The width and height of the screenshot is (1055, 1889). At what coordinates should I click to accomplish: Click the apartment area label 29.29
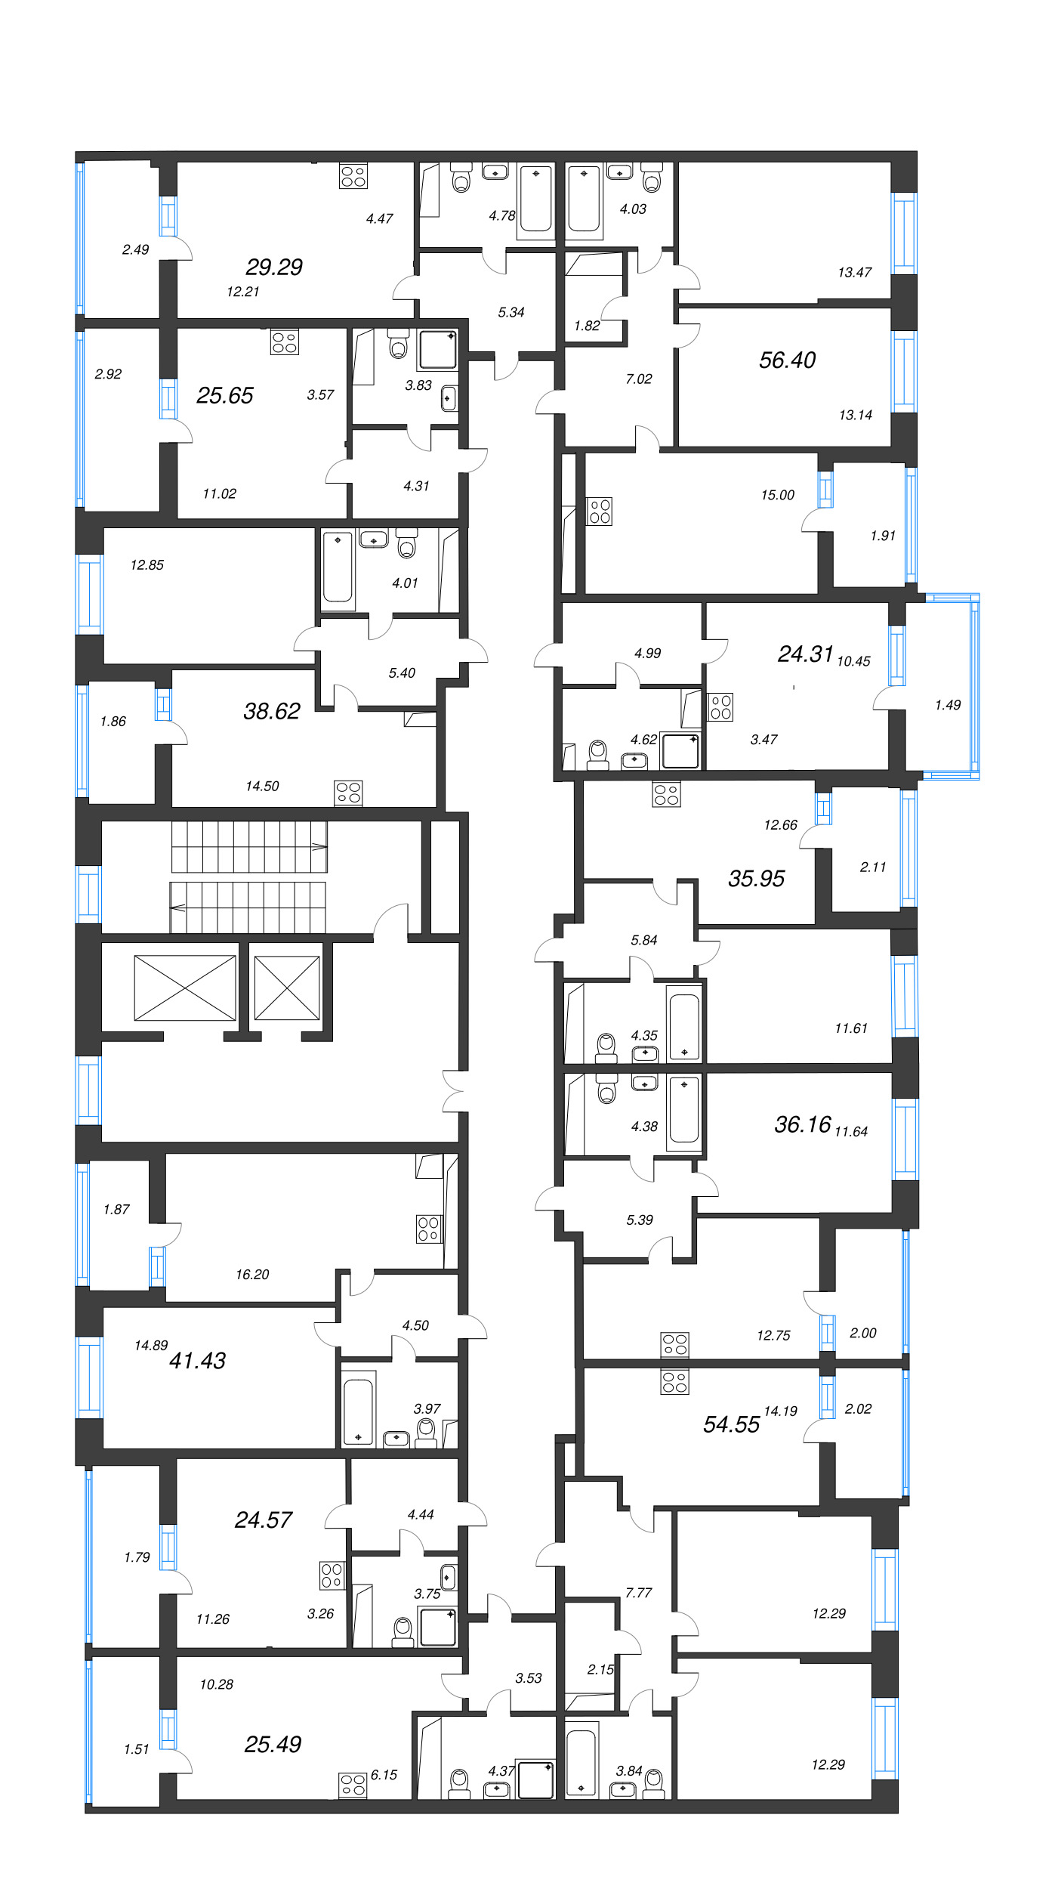(274, 267)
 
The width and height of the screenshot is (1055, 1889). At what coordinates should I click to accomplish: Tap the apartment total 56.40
(787, 360)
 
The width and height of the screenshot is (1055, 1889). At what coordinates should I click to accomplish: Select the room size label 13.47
(854, 272)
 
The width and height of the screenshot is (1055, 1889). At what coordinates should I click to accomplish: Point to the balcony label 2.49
(135, 249)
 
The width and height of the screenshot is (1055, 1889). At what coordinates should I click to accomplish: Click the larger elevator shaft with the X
(185, 988)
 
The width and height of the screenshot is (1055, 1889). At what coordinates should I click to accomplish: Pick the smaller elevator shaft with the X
(287, 988)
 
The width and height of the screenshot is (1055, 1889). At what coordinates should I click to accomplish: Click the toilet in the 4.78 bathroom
(461, 178)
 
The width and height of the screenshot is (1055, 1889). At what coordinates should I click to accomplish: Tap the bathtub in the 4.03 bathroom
(584, 199)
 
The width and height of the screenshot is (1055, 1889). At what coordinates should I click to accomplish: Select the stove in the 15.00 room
(600, 512)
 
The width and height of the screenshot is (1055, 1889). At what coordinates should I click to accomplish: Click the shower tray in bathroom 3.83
(438, 350)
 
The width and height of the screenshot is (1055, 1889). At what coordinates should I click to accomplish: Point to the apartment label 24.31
(805, 654)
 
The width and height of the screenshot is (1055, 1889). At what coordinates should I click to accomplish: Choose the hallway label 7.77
(638, 1593)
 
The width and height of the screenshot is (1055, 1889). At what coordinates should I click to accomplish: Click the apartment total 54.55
(731, 1424)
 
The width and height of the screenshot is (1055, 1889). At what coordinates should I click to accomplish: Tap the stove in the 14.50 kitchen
(348, 793)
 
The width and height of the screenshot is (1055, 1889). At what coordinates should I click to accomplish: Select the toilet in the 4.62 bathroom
(598, 753)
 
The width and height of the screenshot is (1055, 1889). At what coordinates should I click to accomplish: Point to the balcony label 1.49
(947, 705)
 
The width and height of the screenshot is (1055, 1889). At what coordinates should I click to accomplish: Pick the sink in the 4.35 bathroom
(645, 1053)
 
